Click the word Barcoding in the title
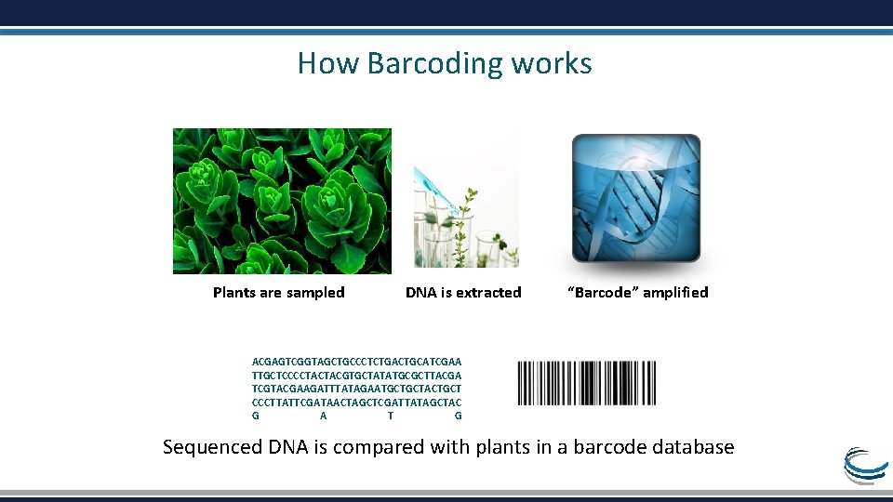(434, 64)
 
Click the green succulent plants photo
(282, 201)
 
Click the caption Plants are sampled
(278, 293)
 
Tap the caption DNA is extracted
(463, 293)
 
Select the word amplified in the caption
(675, 293)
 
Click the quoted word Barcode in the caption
(602, 293)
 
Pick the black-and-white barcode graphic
(586, 383)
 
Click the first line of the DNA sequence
(356, 361)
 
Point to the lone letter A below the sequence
(323, 416)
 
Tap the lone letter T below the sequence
(391, 416)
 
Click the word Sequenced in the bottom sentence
(213, 447)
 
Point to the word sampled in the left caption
(314, 293)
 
